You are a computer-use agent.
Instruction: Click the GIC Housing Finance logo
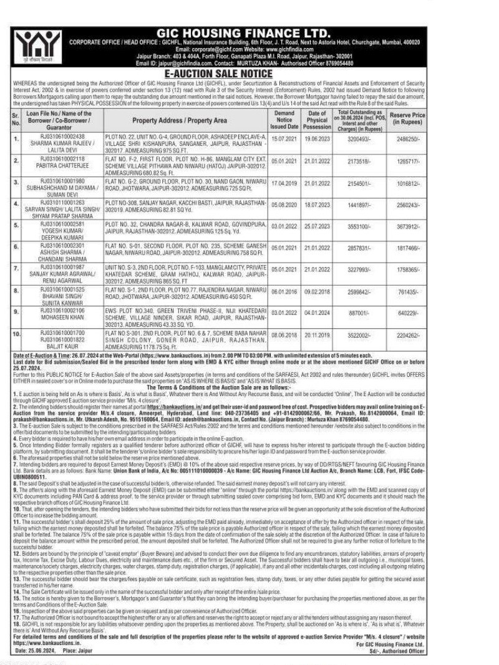click(x=31, y=46)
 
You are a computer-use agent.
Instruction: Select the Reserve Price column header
click(x=407, y=119)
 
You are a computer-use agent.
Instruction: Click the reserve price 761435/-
click(x=407, y=291)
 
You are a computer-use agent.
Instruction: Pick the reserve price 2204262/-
click(x=407, y=335)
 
